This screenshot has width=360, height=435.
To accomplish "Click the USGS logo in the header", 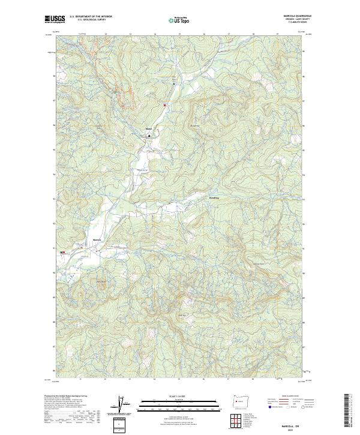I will coord(55,19).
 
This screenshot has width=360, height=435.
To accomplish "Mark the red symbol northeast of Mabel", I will coord(164,105).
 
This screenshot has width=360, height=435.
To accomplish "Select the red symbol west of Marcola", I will coord(63,253).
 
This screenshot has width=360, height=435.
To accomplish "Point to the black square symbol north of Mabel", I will coord(174,84).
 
